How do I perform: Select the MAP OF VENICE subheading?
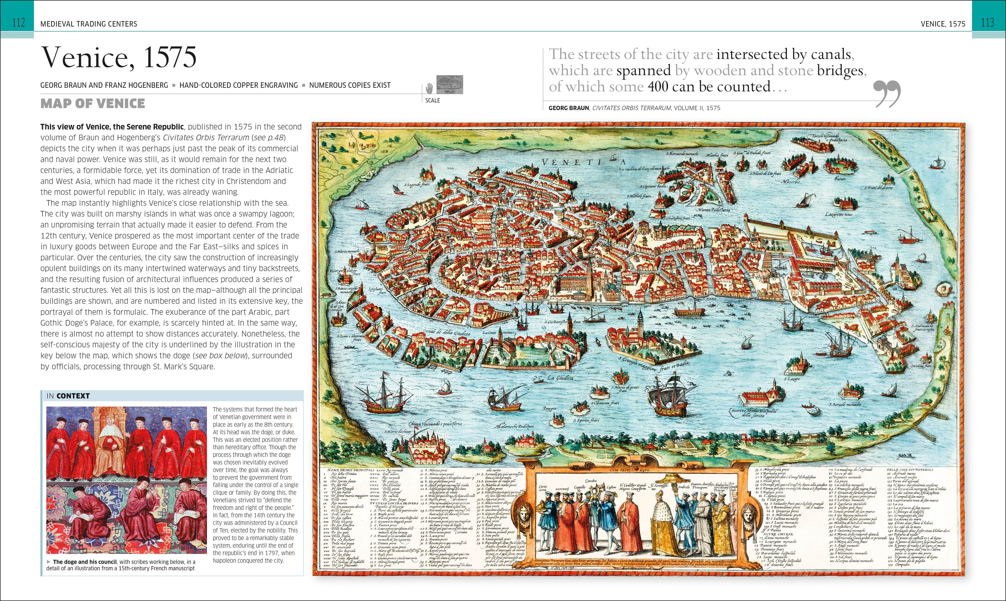pos(92,104)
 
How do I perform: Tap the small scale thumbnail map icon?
pos(449,85)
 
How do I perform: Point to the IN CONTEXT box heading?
pos(68,396)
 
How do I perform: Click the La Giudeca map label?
pos(560,378)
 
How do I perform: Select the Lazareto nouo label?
pos(838,214)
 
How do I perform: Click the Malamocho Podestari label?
pos(515,426)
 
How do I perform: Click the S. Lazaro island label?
pos(792,379)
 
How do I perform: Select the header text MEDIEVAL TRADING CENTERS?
pos(89,24)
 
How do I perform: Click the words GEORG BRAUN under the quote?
pos(568,108)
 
